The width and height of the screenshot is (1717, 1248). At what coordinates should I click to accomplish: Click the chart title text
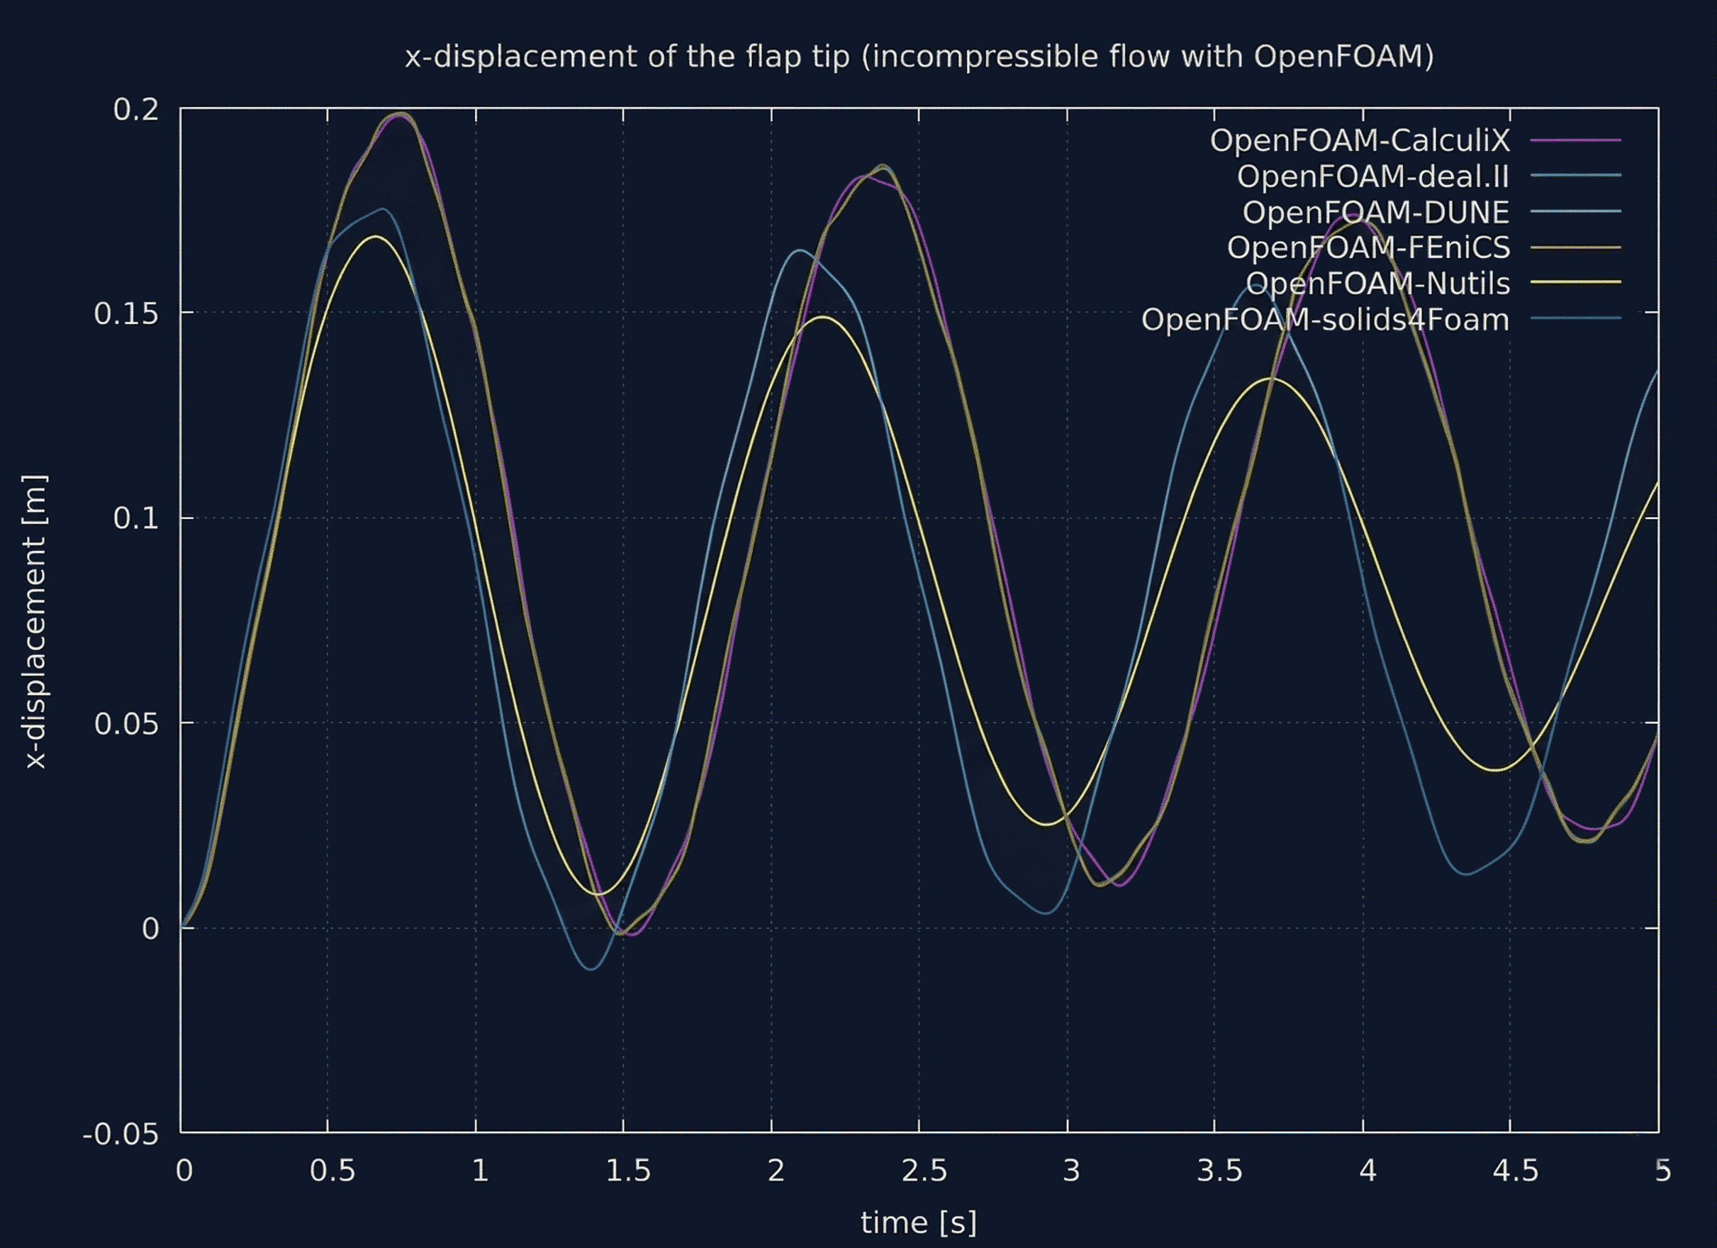pyautogui.click(x=918, y=57)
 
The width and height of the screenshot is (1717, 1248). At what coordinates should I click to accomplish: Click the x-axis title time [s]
pyautogui.click(x=918, y=1222)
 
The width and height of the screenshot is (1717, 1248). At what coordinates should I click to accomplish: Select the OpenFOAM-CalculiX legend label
pyautogui.click(x=1359, y=140)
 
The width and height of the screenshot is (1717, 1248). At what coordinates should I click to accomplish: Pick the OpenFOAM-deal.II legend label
pyautogui.click(x=1372, y=176)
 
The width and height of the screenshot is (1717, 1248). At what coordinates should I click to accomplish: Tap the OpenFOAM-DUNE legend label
pyautogui.click(x=1375, y=212)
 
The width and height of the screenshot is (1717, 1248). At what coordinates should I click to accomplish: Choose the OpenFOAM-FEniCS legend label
pyautogui.click(x=1368, y=247)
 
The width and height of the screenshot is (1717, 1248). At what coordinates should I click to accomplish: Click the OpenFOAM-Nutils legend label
pyautogui.click(x=1377, y=283)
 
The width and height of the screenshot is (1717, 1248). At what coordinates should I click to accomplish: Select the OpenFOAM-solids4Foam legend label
pyautogui.click(x=1325, y=320)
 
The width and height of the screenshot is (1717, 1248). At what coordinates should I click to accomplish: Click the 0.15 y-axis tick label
pyautogui.click(x=126, y=313)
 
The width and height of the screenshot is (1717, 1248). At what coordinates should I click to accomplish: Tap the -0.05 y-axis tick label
pyautogui.click(x=121, y=1135)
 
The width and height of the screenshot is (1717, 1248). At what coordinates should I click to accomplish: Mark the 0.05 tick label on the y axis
pyautogui.click(x=126, y=724)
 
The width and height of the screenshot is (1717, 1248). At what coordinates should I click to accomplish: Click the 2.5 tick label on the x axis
pyautogui.click(x=924, y=1171)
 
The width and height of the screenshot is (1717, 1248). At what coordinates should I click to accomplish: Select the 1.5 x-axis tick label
pyautogui.click(x=627, y=1171)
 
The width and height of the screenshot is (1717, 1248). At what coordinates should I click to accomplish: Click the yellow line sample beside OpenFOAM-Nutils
pyautogui.click(x=1575, y=282)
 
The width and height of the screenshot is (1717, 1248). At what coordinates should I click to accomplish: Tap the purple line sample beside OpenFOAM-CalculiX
pyautogui.click(x=1575, y=140)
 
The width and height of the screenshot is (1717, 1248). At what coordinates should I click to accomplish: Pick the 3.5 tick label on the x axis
pyautogui.click(x=1219, y=1171)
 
